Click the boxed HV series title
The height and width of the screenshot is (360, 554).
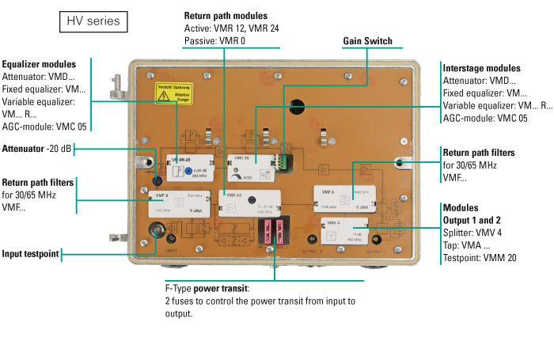[93, 21]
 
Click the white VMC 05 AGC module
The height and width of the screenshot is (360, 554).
[249, 169]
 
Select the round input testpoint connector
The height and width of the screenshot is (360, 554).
[158, 233]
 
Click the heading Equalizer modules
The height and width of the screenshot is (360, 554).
[40, 64]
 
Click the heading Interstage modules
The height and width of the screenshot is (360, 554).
[481, 68]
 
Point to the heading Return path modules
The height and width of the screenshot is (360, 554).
[226, 16]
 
